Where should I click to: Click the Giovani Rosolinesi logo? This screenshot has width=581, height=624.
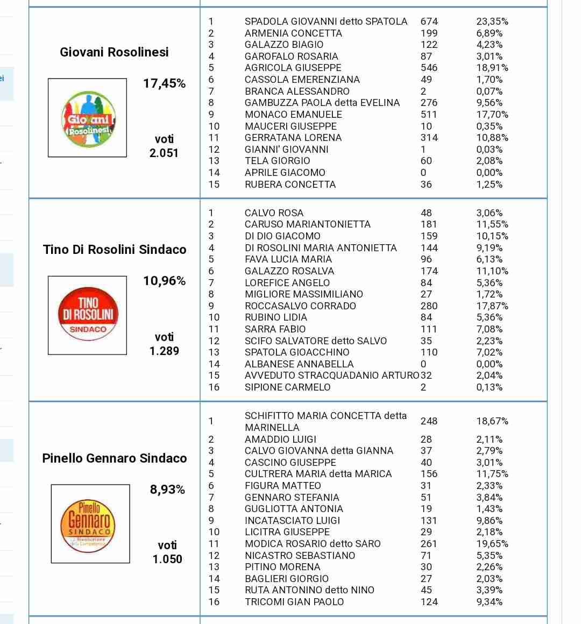(x=87, y=118)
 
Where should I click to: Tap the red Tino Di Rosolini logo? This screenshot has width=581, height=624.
(x=87, y=315)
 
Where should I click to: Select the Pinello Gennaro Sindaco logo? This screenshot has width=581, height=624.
(x=90, y=523)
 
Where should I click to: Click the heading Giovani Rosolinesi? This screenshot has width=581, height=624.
(x=114, y=52)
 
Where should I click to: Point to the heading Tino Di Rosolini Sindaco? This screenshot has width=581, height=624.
(x=115, y=250)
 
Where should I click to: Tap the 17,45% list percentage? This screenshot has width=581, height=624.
(x=164, y=83)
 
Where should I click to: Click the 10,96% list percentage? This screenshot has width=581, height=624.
(x=164, y=281)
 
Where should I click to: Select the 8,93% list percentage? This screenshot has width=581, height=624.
(x=167, y=490)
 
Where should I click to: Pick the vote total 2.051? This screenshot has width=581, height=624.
(x=164, y=153)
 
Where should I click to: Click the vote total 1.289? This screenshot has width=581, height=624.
(x=164, y=351)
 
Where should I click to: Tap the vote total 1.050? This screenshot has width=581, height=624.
(x=167, y=559)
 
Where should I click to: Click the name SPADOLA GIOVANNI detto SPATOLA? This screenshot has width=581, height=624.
(x=326, y=22)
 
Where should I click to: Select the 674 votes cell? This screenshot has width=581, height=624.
(x=429, y=22)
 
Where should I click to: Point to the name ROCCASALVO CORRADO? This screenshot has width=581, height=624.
(x=300, y=306)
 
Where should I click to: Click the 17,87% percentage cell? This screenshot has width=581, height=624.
(x=492, y=306)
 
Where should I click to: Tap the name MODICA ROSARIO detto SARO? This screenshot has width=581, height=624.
(x=313, y=544)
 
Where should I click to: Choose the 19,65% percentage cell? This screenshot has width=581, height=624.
(x=492, y=544)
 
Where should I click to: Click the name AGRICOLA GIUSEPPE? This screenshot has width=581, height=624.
(x=293, y=68)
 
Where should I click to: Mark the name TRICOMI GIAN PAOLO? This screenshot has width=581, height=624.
(x=294, y=602)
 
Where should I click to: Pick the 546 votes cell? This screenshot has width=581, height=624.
(x=429, y=68)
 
